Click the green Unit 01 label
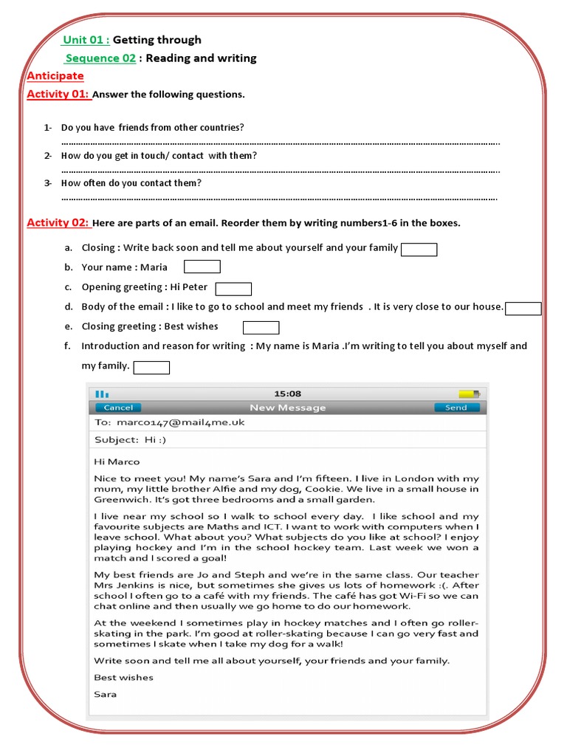pos(86,40)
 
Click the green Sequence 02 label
pos(100,58)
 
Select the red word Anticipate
pos(55,76)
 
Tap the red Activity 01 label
pos(58,94)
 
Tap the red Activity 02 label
pos(58,222)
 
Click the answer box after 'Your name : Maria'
pos(202,267)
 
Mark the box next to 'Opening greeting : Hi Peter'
pos(233,288)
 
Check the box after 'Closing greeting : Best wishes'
pos(261,327)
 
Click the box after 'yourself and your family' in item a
pos(419,250)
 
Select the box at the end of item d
pos(523,309)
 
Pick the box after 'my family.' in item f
pos(151,367)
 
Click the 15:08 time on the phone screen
pos(287,394)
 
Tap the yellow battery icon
pos(468,394)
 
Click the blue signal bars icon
pos(102,394)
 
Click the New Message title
pos(287,408)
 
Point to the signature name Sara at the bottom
pos(105,694)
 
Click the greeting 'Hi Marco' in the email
pos(117,462)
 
